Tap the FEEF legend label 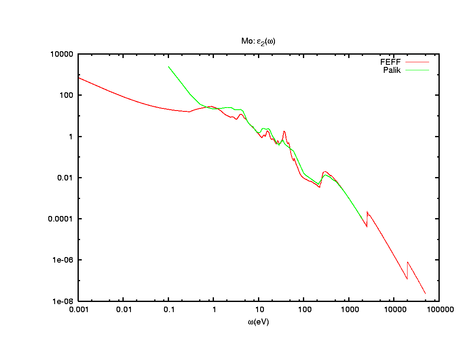[391, 62]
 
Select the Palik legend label [392, 70]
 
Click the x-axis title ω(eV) [258, 322]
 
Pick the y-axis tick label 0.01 [67, 178]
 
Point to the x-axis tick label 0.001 [78, 310]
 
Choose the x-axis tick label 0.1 [169, 310]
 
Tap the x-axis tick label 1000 [349, 310]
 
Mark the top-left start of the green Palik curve [169, 66]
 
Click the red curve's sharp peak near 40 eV [284, 131]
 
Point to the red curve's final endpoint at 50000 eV [425, 294]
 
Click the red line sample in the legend [417, 62]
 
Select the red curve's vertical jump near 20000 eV [407, 270]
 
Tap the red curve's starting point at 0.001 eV [79, 78]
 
